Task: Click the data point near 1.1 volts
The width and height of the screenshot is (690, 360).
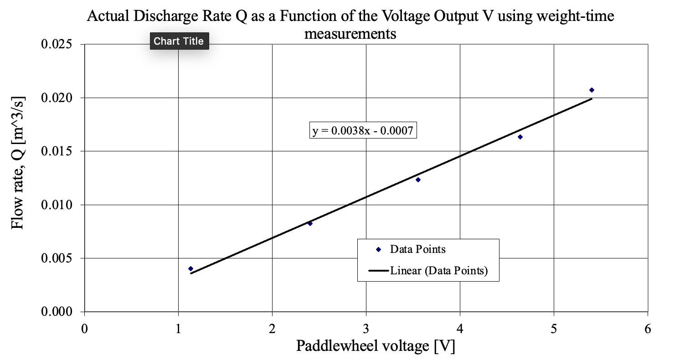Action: coord(191,269)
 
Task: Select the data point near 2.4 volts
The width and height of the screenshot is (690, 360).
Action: coord(310,223)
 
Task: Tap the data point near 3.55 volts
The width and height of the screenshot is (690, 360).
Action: coord(418,180)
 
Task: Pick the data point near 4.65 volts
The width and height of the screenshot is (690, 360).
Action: coord(520,137)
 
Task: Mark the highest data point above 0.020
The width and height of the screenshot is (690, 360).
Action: coord(592,90)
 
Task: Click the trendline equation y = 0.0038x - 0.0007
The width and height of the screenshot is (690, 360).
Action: coord(363,131)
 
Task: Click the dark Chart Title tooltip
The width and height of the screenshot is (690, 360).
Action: coord(179,41)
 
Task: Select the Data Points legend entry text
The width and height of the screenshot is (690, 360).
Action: coord(417,249)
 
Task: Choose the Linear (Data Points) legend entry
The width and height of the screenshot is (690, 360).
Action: coord(438,271)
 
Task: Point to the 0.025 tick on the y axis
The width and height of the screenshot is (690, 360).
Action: coord(57,45)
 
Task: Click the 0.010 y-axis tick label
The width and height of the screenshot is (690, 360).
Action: coord(57,205)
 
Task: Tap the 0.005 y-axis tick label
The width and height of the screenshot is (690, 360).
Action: coord(57,258)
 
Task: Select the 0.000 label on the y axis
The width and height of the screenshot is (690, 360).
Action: coord(57,312)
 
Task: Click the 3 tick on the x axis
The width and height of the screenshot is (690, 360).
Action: coord(366,329)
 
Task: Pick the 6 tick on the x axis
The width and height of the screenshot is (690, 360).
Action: coord(648,329)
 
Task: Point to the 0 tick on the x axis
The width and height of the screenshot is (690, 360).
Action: coord(84,329)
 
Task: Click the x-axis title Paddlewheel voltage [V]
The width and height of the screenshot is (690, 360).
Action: coord(376,346)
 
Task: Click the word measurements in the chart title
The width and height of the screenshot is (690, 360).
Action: coord(350,33)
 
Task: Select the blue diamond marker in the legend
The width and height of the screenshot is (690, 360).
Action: coord(378,249)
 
